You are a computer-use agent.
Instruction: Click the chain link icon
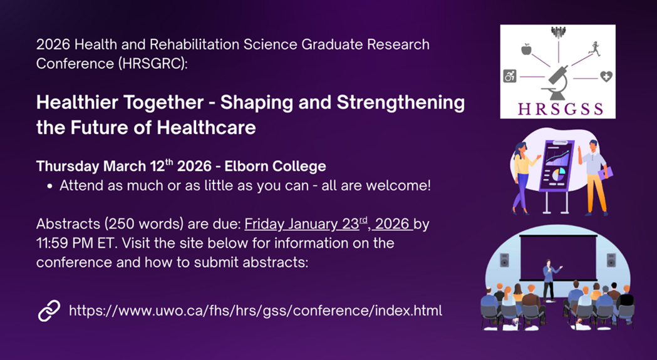click(49, 311)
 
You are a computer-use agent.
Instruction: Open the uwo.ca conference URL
click(255, 311)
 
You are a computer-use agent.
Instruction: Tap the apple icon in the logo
click(526, 49)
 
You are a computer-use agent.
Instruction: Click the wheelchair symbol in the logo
click(510, 76)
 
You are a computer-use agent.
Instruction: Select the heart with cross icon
click(606, 76)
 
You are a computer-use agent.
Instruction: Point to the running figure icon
click(594, 49)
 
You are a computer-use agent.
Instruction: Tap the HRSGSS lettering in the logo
click(560, 108)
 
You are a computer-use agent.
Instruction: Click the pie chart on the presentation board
click(558, 173)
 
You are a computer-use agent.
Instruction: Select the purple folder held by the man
click(607, 172)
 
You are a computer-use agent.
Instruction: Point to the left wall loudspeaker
click(504, 260)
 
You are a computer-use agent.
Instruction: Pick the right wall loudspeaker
click(611, 260)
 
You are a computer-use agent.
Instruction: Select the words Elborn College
click(276, 166)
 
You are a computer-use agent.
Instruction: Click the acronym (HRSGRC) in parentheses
click(153, 63)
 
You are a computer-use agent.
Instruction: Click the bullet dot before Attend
click(50, 187)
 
